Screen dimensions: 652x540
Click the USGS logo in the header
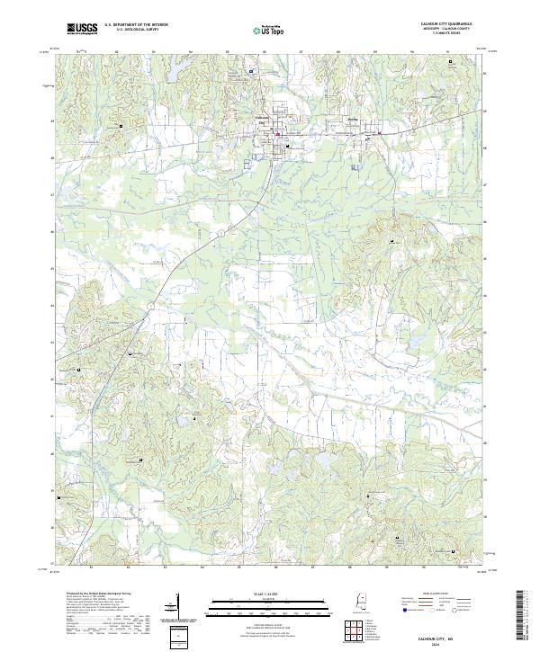click(83, 30)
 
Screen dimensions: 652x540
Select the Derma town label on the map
click(354, 118)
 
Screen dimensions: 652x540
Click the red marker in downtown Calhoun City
click(278, 136)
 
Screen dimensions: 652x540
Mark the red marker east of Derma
click(380, 134)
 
